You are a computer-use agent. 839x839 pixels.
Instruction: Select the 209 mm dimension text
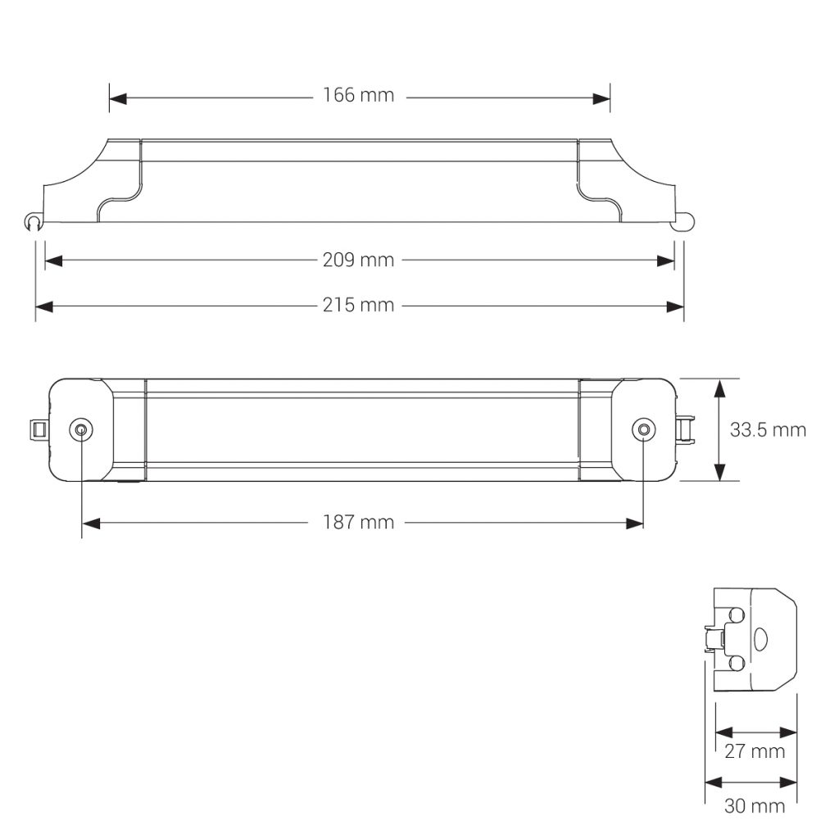pos(358,261)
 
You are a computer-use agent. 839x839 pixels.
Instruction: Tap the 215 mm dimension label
pos(358,306)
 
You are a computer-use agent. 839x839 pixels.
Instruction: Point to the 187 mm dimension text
pos(358,523)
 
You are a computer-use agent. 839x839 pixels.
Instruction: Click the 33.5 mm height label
pos(768,430)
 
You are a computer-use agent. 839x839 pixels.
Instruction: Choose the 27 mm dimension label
pos(755,751)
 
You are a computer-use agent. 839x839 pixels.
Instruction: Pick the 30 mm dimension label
pos(755,806)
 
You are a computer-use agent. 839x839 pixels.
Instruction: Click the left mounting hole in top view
pos(81,430)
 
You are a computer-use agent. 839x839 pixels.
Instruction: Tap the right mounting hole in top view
pos(644,430)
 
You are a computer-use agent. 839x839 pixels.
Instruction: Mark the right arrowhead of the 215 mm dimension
pos(676,306)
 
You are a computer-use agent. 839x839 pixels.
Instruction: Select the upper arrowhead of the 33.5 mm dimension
pos(719,388)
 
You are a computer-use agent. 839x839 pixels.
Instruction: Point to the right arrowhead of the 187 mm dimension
pos(635,523)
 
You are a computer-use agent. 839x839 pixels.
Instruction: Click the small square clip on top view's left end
pos(37,429)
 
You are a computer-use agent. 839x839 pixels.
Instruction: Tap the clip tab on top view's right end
pos(686,429)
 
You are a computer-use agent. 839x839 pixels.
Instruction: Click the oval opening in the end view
pos(760,640)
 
